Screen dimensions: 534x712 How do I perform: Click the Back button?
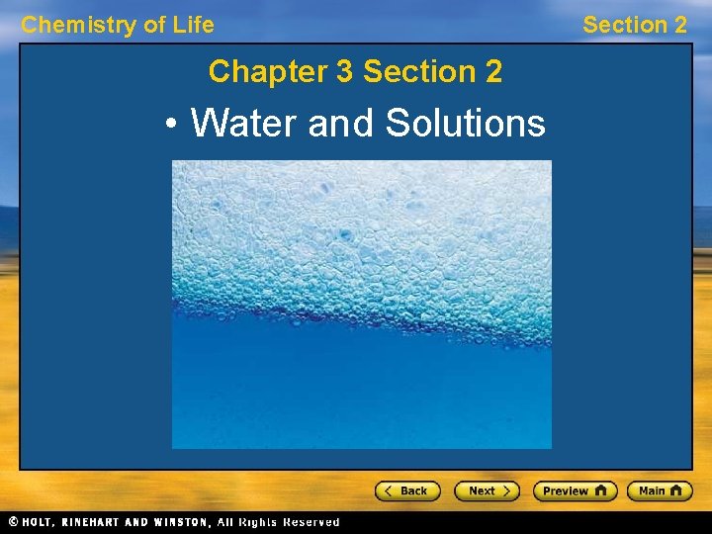(x=406, y=490)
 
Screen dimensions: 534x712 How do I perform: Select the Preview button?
(x=575, y=490)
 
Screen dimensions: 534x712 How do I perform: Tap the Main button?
(x=660, y=490)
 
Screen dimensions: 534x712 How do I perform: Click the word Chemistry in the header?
(x=78, y=26)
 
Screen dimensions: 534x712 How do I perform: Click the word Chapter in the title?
(x=253, y=72)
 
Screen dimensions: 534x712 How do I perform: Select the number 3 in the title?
(x=345, y=72)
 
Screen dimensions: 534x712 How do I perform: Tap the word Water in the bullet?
(x=245, y=124)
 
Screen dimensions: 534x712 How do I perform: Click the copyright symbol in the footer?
(x=13, y=522)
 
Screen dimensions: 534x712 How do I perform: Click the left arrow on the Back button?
(x=389, y=490)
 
